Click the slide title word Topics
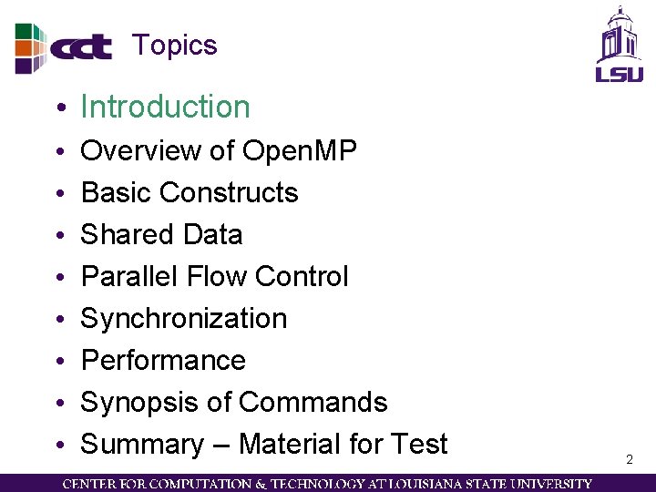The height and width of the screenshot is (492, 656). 174,45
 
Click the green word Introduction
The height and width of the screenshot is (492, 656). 165,107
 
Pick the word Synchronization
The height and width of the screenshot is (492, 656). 184,318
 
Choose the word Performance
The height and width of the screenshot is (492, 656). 163,360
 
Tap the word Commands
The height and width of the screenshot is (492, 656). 313,402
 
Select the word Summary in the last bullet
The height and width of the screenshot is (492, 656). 142,444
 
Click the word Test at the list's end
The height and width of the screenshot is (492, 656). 418,444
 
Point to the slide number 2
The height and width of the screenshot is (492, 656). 629,460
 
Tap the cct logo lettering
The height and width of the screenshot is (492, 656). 81,47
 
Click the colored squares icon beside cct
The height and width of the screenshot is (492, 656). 29,47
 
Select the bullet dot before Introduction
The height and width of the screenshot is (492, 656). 58,108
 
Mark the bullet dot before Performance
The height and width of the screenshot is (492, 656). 58,362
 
